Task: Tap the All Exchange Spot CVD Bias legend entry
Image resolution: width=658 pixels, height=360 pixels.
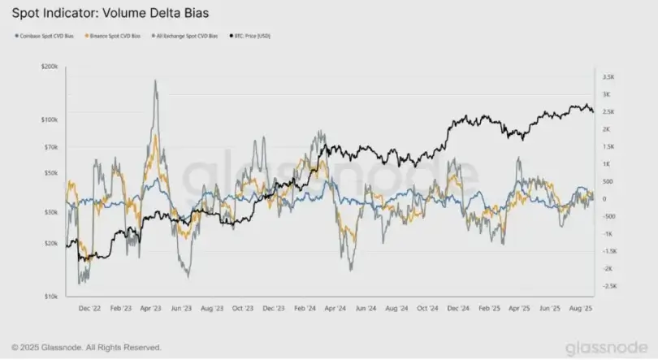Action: tap(186, 37)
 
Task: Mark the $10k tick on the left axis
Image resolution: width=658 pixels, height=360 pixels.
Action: tap(50, 297)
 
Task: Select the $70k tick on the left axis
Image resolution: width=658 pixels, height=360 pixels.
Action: tap(50, 147)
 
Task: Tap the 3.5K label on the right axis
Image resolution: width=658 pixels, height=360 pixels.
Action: tap(607, 77)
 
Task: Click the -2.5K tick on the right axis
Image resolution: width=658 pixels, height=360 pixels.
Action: tap(608, 286)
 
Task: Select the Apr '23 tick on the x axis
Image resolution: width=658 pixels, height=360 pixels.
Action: tap(151, 309)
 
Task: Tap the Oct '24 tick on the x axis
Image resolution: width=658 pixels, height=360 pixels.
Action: tap(427, 309)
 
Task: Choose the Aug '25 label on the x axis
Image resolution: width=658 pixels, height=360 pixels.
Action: tap(578, 309)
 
